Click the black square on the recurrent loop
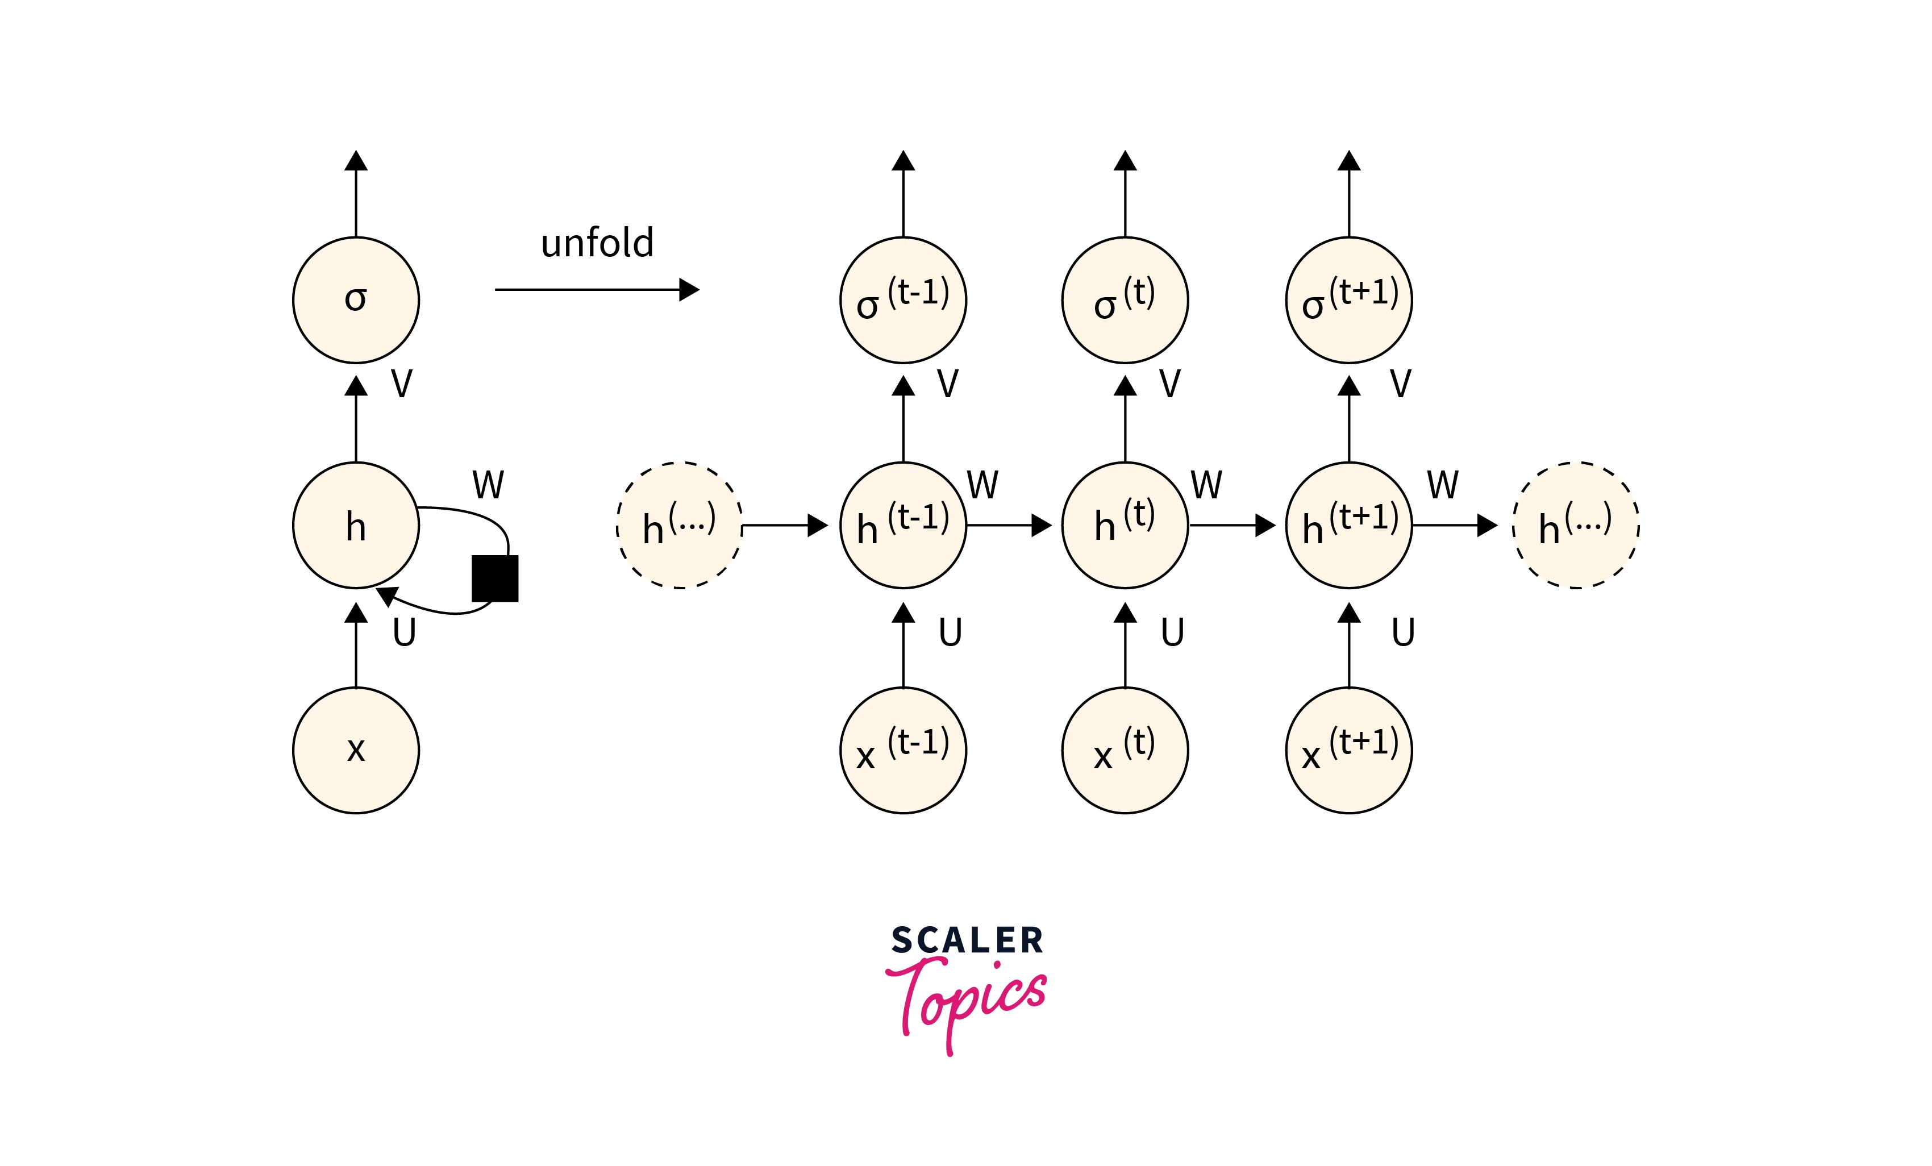tap(495, 578)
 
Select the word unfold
tap(597, 243)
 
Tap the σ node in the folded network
tap(356, 301)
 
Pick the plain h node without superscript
tap(356, 526)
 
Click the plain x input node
tap(356, 751)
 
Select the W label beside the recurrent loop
tap(488, 485)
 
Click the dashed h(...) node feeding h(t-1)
tap(679, 526)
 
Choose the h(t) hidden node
tap(1125, 526)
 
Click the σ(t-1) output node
tap(903, 301)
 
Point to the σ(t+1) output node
tap(1348, 301)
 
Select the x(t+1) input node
tap(1348, 751)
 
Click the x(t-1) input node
tap(903, 751)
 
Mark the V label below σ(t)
tap(1169, 384)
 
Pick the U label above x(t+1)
tap(1403, 632)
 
